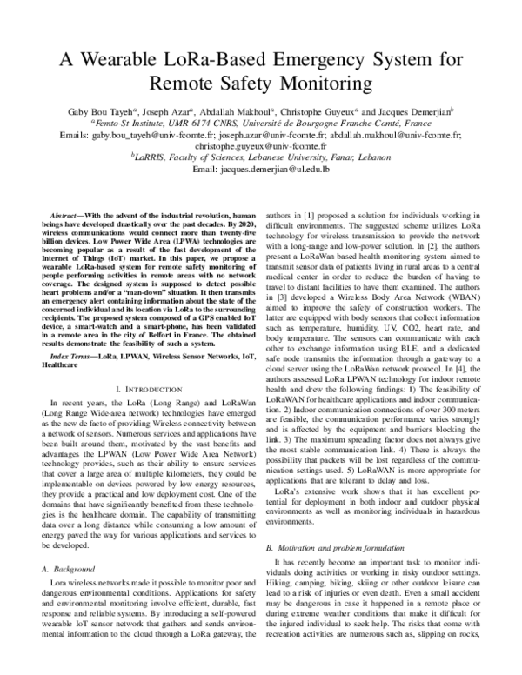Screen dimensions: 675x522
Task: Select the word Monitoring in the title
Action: (x=309, y=84)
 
